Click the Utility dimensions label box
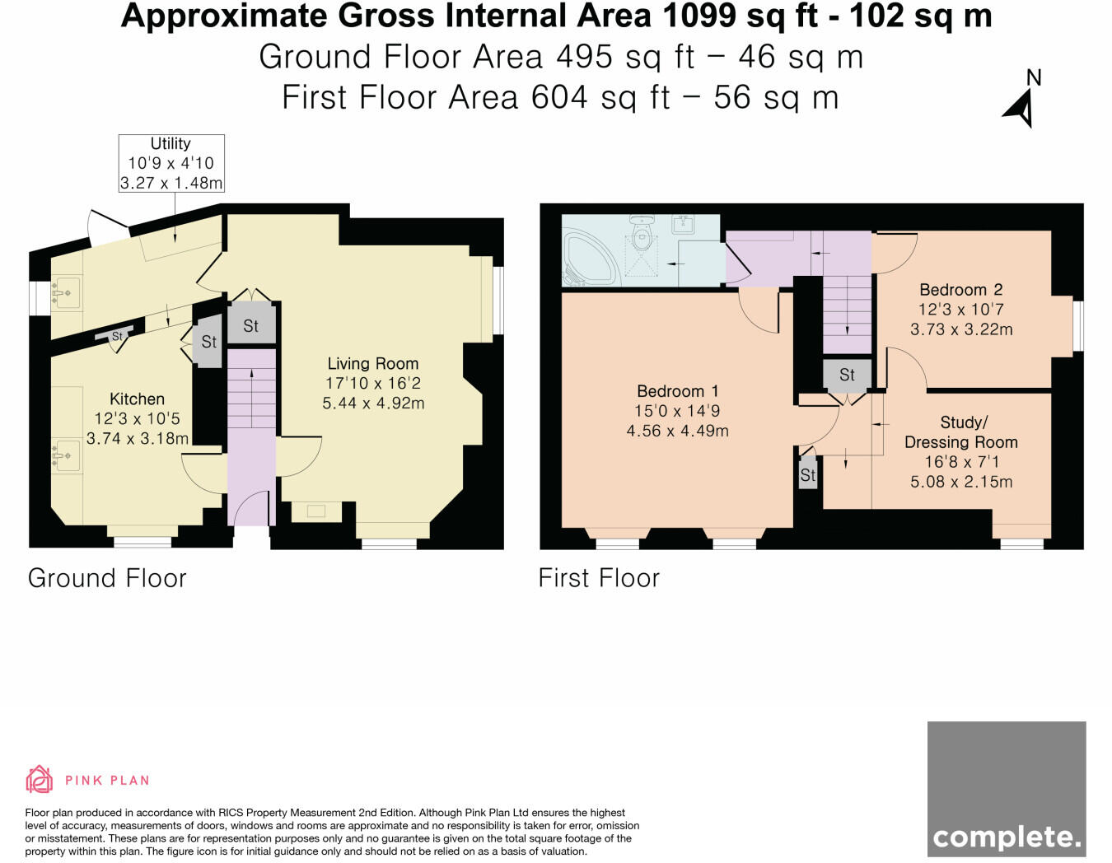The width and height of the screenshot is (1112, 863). tap(171, 163)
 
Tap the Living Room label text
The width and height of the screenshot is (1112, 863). tap(373, 364)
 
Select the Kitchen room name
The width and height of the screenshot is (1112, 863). tap(137, 399)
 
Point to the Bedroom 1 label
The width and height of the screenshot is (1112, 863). tap(678, 391)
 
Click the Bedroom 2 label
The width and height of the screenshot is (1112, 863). tap(961, 290)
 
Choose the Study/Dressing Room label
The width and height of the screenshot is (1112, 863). tap(961, 432)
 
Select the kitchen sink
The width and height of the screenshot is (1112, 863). tap(67, 455)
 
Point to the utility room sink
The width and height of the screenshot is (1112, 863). tap(67, 293)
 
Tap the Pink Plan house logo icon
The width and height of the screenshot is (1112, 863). tap(40, 779)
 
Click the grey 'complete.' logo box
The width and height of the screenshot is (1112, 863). tap(1007, 788)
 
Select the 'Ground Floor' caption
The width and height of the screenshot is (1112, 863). tap(107, 579)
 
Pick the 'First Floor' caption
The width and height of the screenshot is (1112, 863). tap(599, 579)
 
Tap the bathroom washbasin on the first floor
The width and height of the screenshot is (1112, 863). tap(684, 225)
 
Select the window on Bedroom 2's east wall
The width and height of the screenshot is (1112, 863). tap(1077, 326)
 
